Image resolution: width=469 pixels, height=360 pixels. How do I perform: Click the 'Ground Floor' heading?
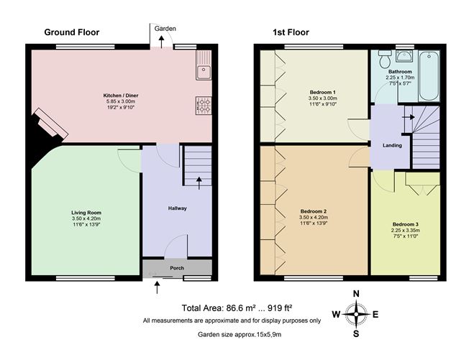pos(72,32)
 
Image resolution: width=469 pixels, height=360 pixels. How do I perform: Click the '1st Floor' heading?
pos(290,32)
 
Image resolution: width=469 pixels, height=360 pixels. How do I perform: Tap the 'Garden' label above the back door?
pos(161,28)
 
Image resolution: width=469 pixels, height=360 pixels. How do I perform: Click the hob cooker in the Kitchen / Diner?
pos(204,106)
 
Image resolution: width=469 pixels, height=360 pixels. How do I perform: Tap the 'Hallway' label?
pos(177,208)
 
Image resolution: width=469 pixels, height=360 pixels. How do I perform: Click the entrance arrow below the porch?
pos(158,287)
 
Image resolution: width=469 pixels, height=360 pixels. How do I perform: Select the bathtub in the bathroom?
pos(430,75)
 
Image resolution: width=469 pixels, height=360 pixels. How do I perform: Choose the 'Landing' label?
pos(392,145)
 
